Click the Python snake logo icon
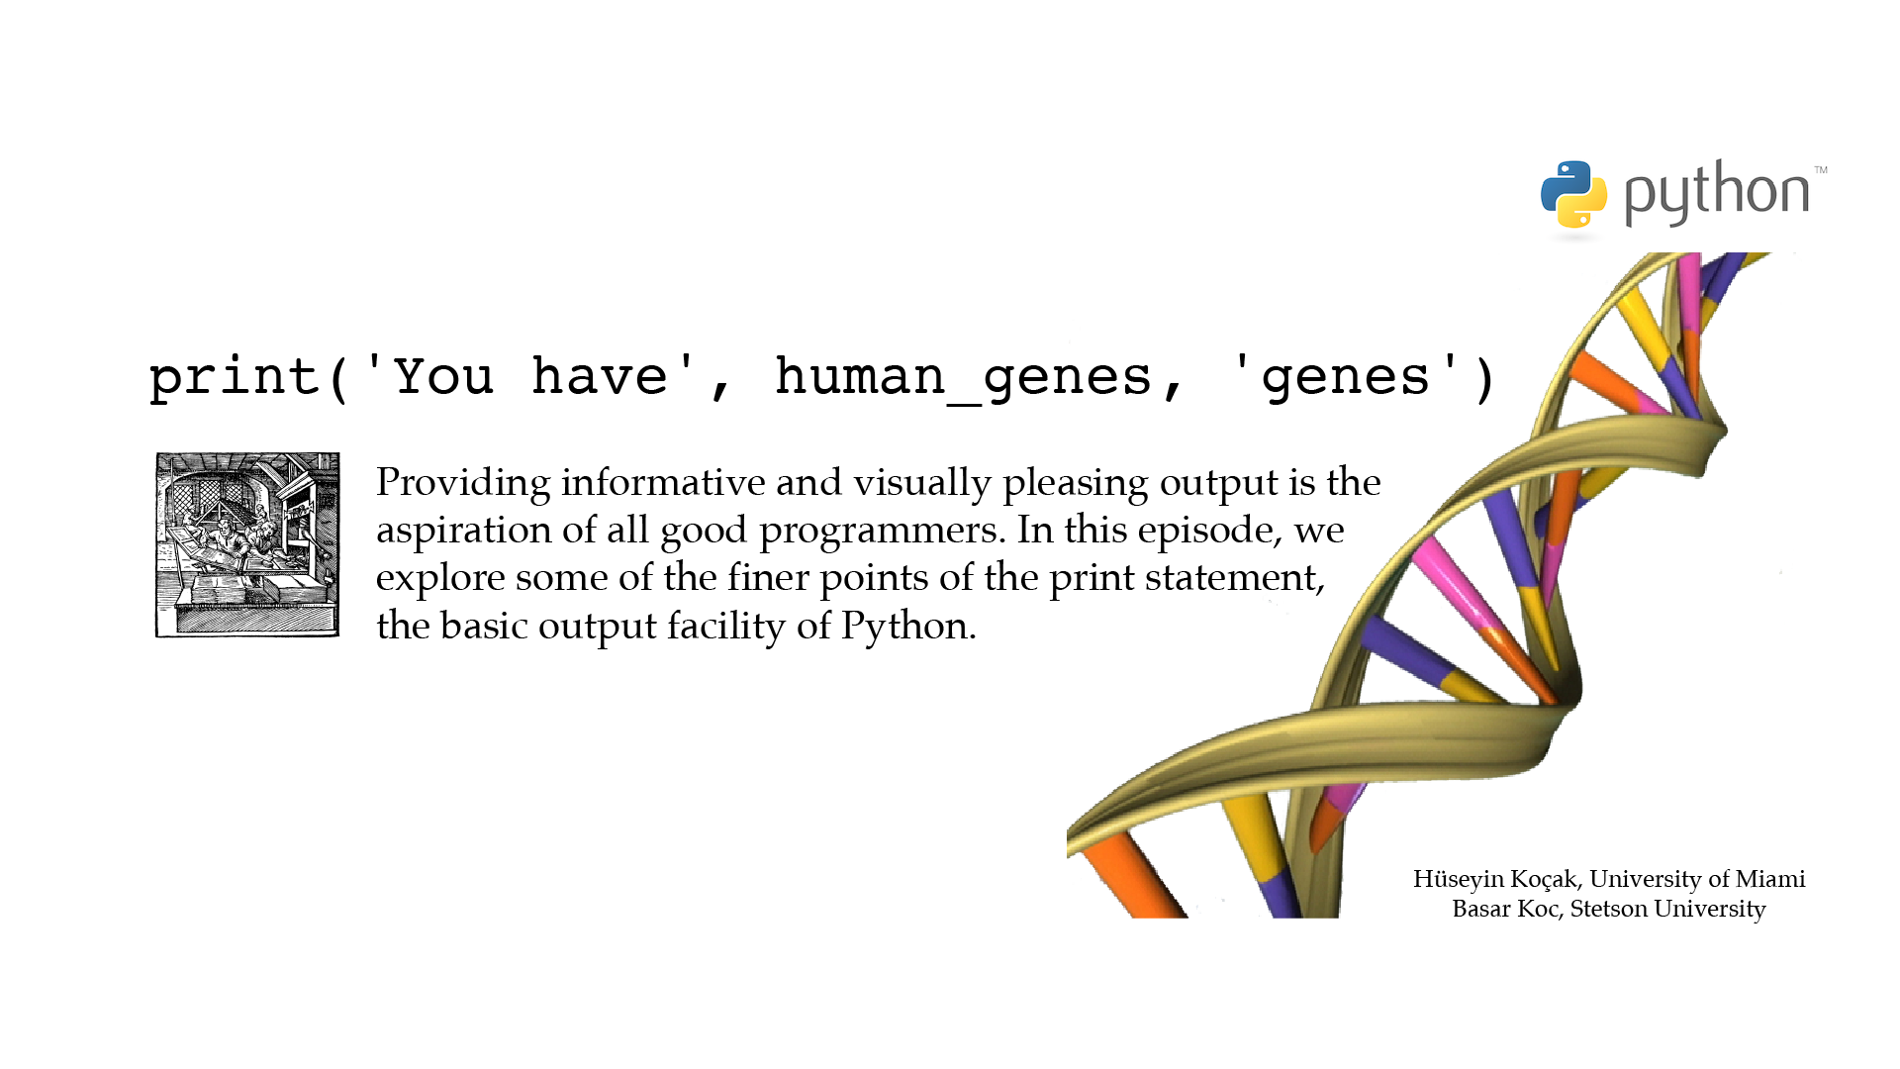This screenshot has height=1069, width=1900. (1573, 194)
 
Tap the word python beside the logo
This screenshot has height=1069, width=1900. (1717, 193)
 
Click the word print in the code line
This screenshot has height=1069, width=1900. (234, 378)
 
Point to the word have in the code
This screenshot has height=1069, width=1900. (600, 376)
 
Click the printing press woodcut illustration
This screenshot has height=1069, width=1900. (247, 545)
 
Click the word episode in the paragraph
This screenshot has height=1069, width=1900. (1209, 531)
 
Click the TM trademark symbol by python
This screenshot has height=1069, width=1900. (1821, 170)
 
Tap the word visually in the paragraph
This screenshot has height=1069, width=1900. (922, 483)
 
